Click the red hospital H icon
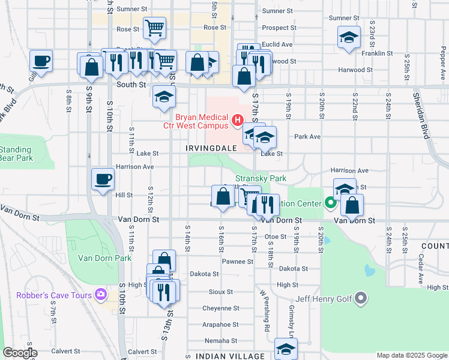point(237,121)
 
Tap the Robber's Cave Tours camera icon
point(100,295)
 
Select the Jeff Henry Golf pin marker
point(361,298)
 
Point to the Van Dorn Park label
point(104,258)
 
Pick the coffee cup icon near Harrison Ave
point(103,179)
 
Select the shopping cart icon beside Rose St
point(155,27)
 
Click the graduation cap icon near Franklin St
point(349,38)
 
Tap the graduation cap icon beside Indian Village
point(286,349)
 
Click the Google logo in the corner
point(20,353)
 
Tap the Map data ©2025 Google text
point(412,355)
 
